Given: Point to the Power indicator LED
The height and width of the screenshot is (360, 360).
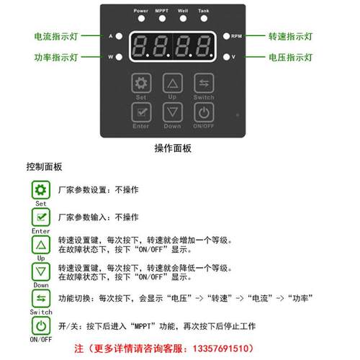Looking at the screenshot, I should pos(140,18).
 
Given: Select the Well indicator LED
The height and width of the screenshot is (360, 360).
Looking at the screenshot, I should pos(183,18).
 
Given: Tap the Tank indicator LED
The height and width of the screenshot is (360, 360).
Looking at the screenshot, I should pos(204,18).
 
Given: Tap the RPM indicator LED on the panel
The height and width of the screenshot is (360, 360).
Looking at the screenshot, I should pos(226,35).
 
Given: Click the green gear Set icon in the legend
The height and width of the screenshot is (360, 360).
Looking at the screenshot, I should pos(40,190).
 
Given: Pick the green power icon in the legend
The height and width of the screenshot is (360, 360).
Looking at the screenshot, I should pos(40,325).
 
